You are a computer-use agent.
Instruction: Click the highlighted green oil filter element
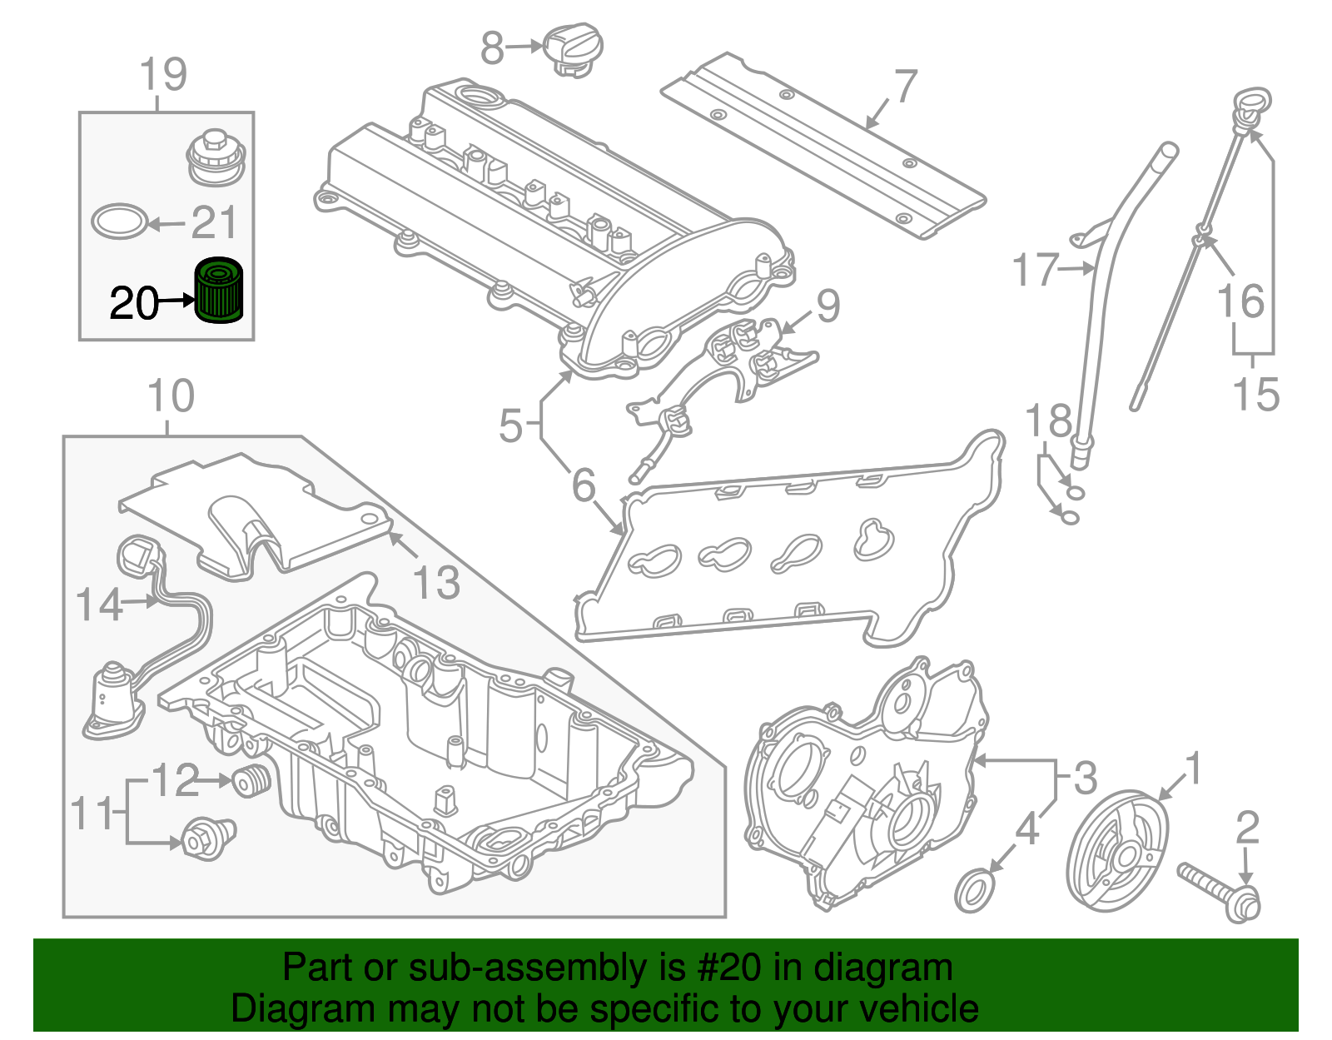[218, 290]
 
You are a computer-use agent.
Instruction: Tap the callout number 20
[134, 303]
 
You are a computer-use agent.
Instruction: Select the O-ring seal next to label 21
[120, 221]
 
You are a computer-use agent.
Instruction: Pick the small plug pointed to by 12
[251, 780]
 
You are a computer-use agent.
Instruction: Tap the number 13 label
[436, 581]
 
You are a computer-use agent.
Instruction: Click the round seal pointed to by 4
[975, 890]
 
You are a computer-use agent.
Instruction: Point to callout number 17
[1035, 270]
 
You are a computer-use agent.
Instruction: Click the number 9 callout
[828, 306]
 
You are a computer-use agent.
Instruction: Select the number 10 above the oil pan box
[171, 396]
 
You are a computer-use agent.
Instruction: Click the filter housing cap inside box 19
[216, 157]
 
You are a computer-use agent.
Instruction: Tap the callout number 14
[99, 605]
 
